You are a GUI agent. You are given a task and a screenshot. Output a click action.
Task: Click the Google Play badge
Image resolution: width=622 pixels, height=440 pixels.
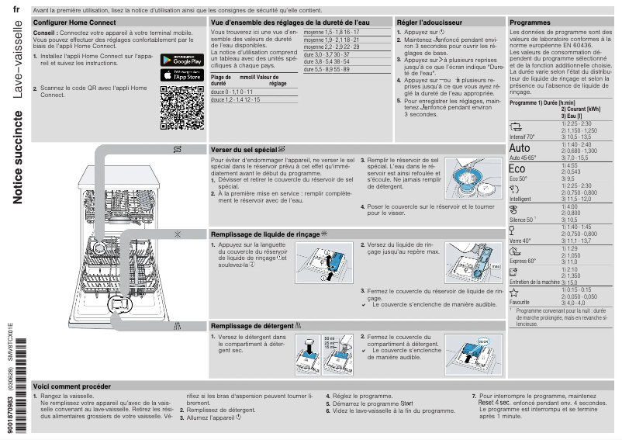click(181, 60)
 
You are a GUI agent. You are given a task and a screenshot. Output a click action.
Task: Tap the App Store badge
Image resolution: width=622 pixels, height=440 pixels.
click(181, 75)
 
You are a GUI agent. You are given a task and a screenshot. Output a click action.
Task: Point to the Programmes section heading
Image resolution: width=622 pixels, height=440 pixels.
click(530, 23)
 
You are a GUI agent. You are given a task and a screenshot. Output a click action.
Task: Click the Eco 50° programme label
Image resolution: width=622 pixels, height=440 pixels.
click(518, 178)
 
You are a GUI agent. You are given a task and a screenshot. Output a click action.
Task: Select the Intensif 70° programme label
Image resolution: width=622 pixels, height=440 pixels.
click(524, 137)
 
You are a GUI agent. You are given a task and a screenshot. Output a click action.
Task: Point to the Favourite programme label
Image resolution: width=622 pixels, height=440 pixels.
click(520, 301)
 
